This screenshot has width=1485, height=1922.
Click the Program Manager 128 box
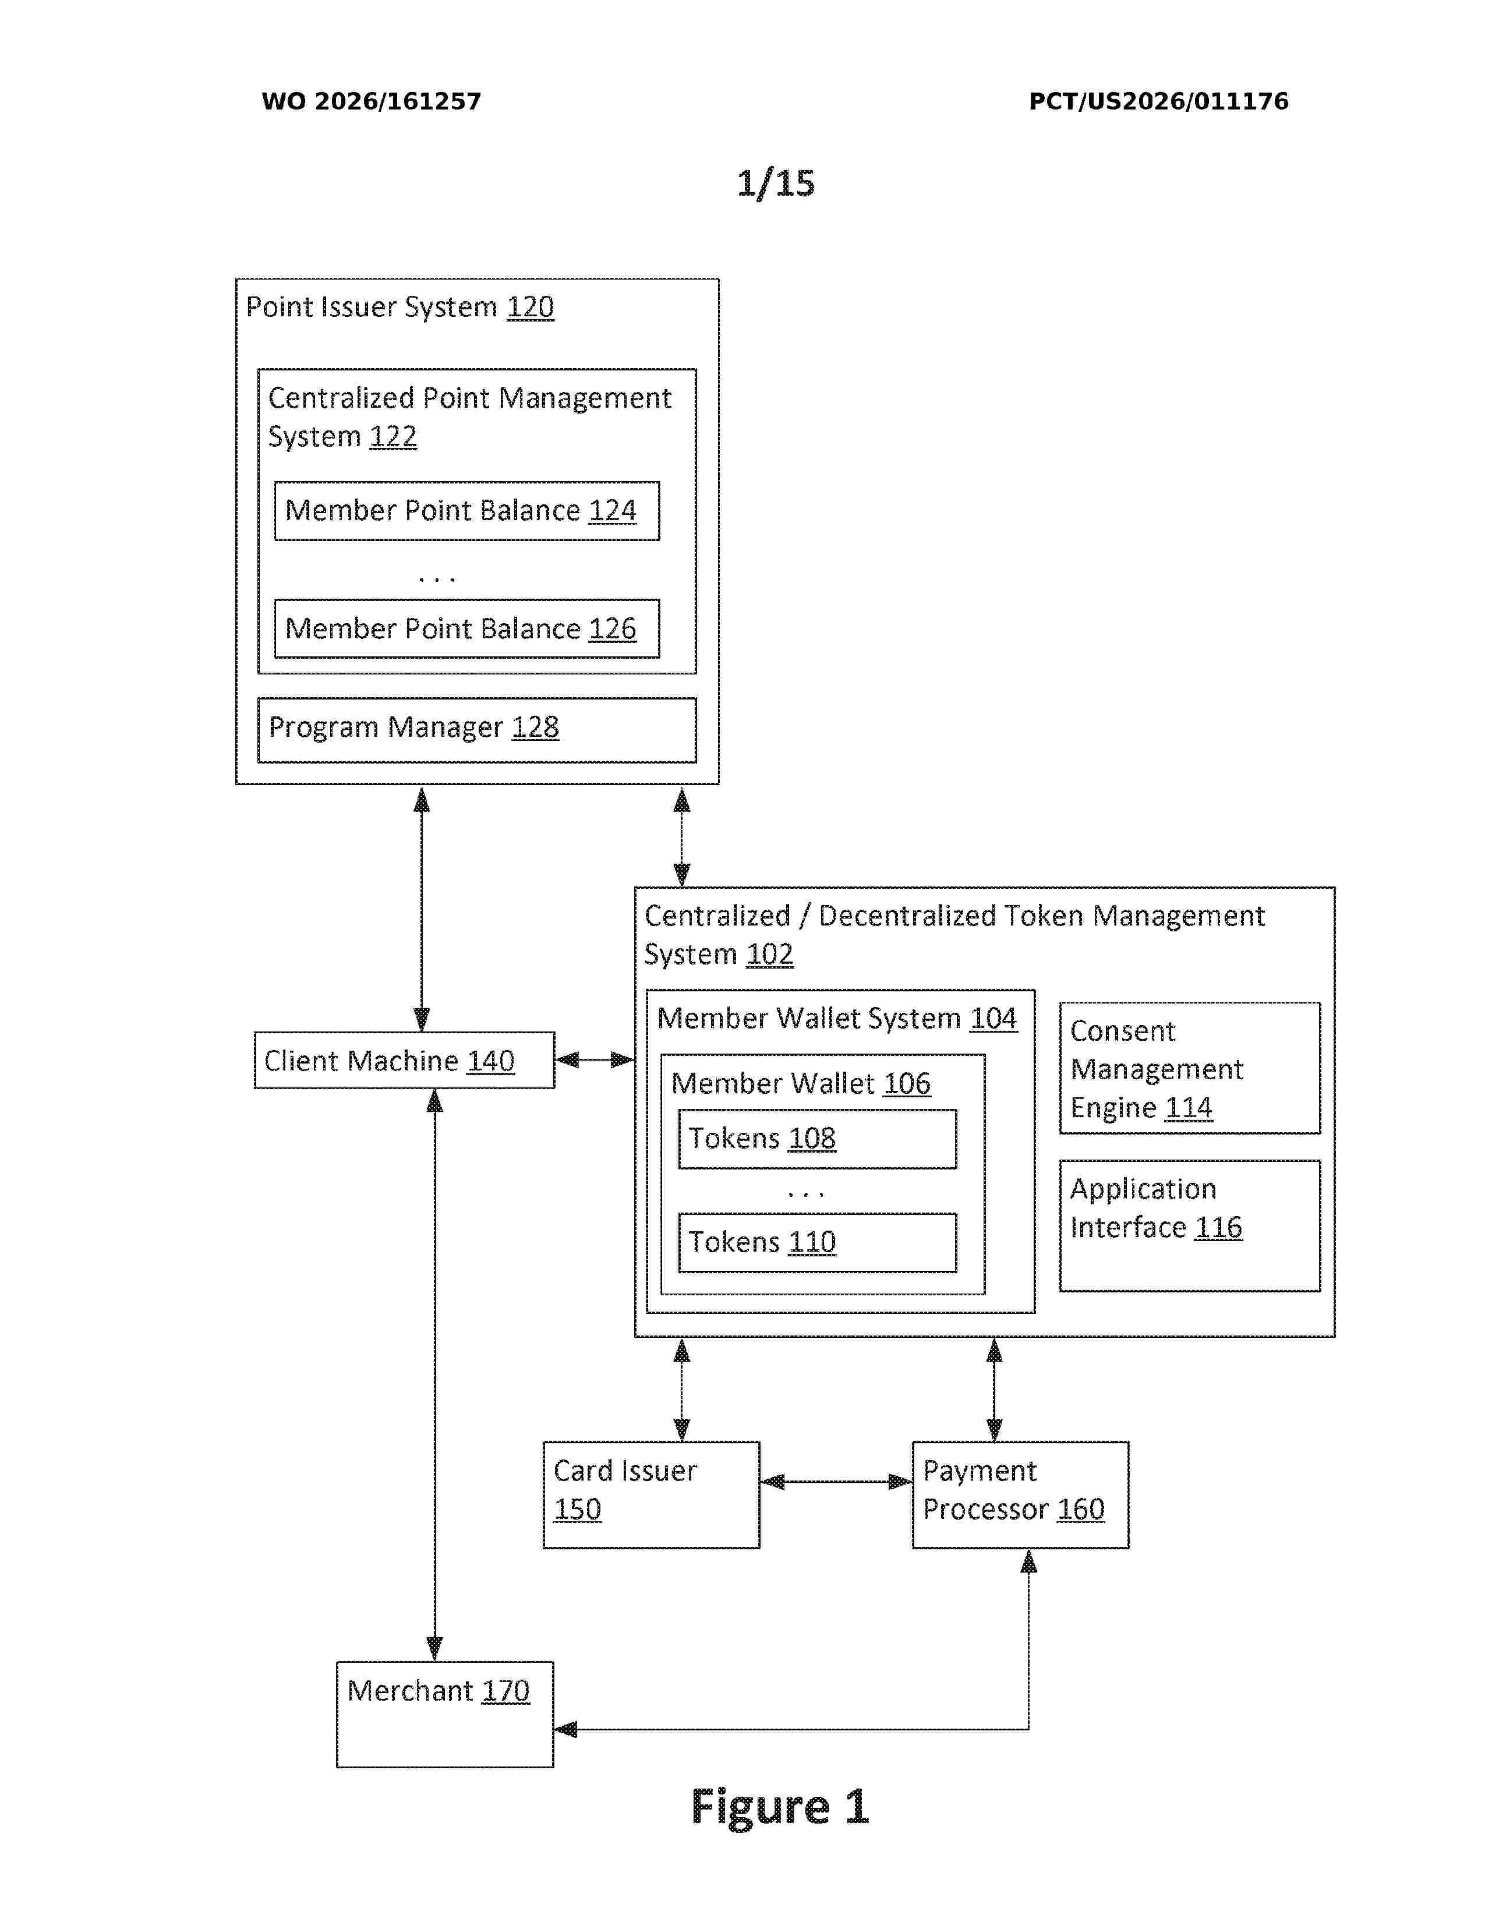(477, 730)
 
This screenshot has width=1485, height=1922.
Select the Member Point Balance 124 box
(466, 510)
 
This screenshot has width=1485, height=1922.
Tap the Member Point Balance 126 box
(466, 628)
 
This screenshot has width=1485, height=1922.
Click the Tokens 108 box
(817, 1139)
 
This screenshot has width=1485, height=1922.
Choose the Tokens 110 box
(817, 1243)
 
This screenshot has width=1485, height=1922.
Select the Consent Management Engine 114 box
(1189, 1068)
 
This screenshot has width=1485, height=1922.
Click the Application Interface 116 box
(1189, 1226)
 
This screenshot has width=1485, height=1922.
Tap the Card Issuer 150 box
(651, 1495)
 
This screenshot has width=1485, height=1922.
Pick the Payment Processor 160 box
(1020, 1495)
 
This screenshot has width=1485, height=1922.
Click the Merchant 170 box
(445, 1714)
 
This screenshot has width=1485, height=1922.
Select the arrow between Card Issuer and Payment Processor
(836, 1482)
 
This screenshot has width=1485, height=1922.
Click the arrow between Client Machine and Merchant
(434, 1375)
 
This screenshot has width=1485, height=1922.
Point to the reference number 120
(531, 307)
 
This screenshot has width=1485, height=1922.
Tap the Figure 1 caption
(779, 1808)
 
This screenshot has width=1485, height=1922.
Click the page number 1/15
(776, 183)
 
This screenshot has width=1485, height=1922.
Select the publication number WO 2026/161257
(372, 101)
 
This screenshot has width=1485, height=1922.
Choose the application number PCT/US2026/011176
(1159, 101)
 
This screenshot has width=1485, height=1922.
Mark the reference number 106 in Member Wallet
(907, 1083)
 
